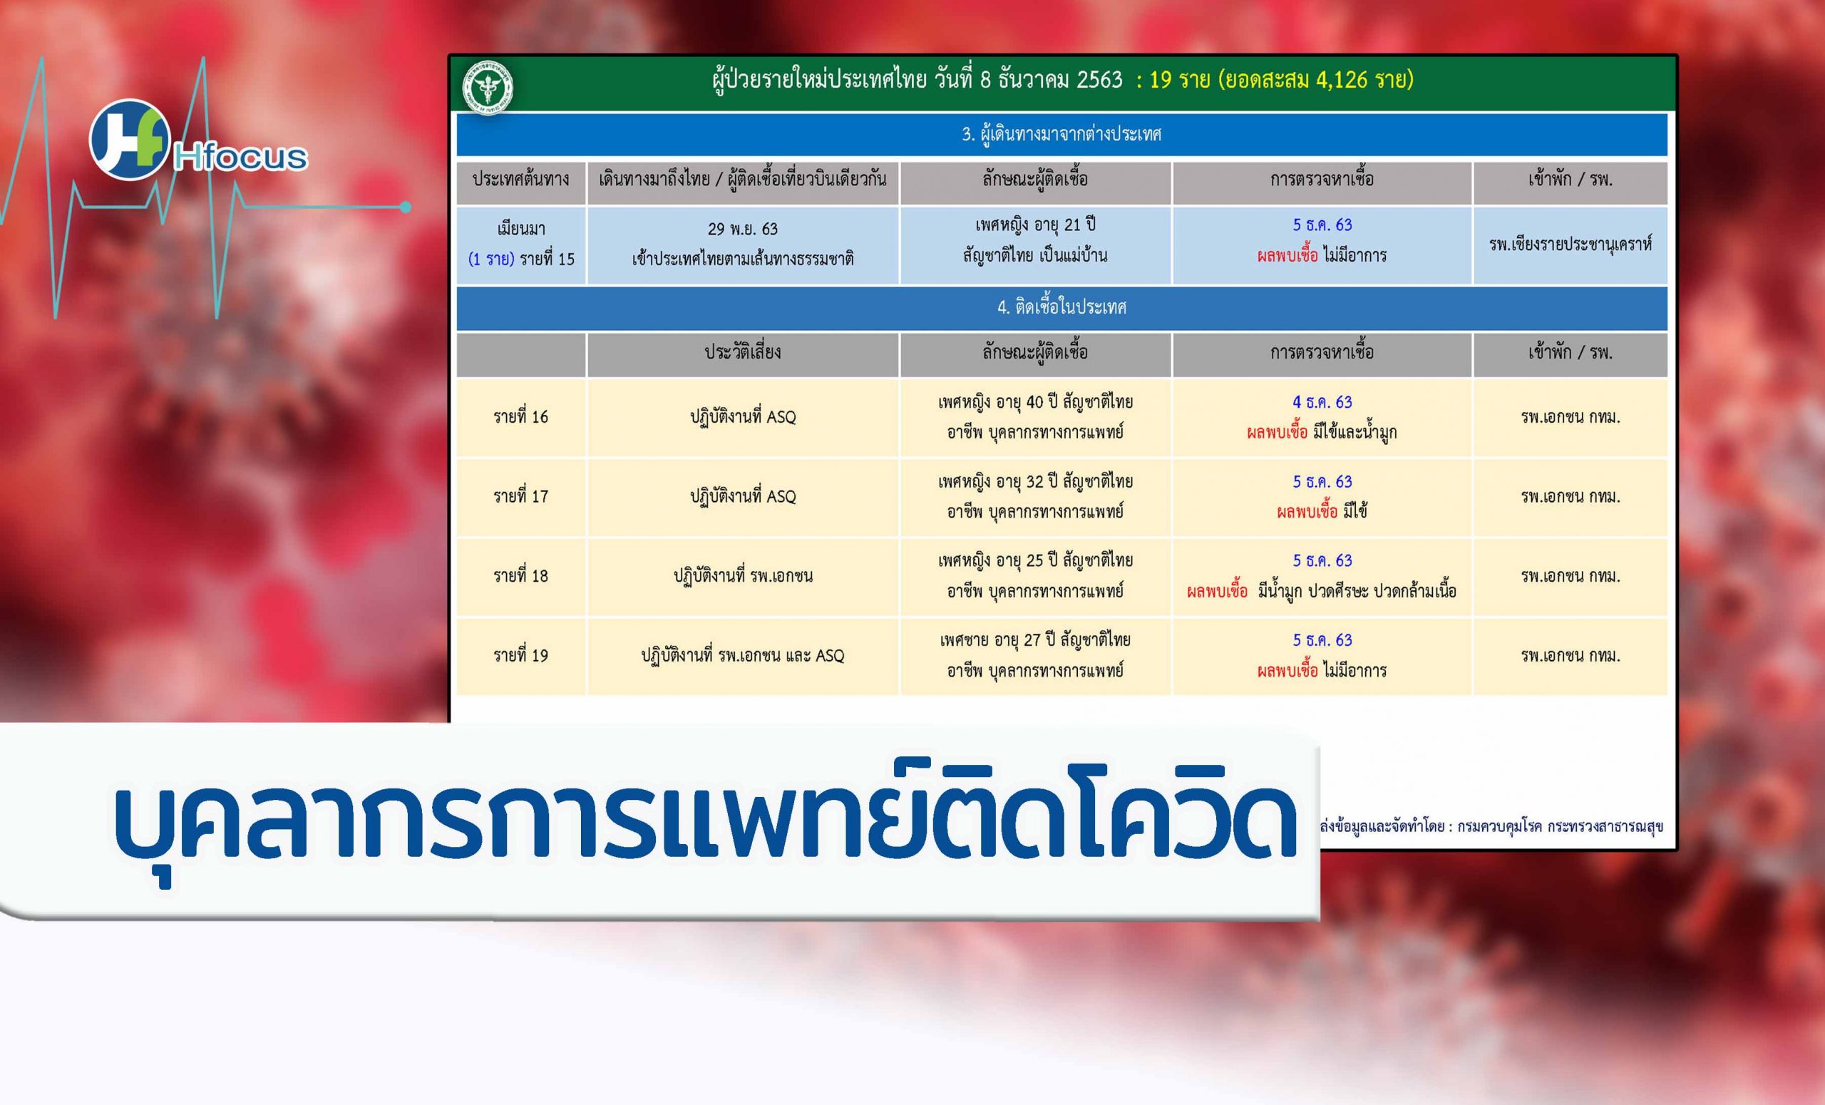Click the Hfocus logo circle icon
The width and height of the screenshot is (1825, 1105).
pyautogui.click(x=130, y=140)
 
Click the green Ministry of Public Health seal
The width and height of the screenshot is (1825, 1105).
pyautogui.click(x=488, y=87)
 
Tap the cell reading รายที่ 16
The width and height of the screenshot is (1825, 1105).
pyautogui.click(x=520, y=417)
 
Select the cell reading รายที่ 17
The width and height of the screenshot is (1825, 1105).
pyautogui.click(x=520, y=496)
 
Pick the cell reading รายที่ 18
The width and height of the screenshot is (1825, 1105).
pyautogui.click(x=520, y=575)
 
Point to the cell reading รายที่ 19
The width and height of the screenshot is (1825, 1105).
pyautogui.click(x=520, y=655)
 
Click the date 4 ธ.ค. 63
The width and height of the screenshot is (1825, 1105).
pyautogui.click(x=1322, y=402)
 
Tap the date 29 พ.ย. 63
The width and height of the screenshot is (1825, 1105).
pyautogui.click(x=743, y=229)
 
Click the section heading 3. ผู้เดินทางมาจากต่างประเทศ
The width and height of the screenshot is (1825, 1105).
pyautogui.click(x=1061, y=134)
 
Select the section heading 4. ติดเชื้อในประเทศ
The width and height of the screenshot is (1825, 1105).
pyautogui.click(x=1061, y=307)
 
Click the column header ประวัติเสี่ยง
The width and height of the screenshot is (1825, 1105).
pyautogui.click(x=743, y=351)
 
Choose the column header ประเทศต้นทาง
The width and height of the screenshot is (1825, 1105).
pyautogui.click(x=520, y=179)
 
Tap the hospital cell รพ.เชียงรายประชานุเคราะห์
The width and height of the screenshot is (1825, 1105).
pyautogui.click(x=1570, y=245)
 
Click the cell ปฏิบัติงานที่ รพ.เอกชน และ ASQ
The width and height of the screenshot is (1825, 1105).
pyautogui.click(x=743, y=655)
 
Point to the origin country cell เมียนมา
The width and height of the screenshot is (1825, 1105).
pyautogui.click(x=520, y=229)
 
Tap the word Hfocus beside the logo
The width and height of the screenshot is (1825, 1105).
pyautogui.click(x=241, y=157)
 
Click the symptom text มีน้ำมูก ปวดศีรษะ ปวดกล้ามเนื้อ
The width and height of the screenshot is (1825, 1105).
pyautogui.click(x=1357, y=591)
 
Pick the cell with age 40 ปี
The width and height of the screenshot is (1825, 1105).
pyautogui.click(x=1034, y=417)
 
